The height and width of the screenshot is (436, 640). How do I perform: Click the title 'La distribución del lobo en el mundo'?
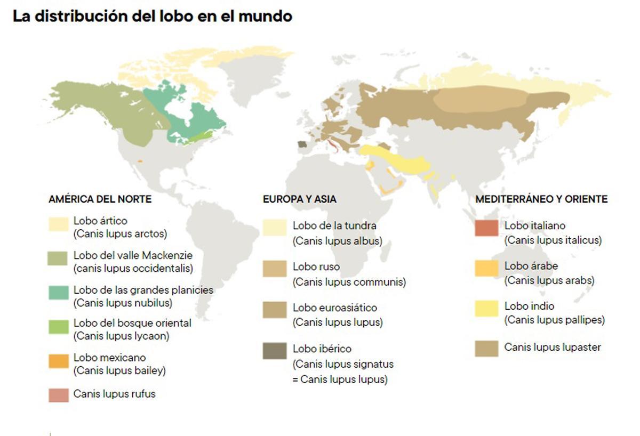click(153, 17)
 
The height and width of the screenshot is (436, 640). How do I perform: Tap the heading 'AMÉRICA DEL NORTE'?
click(100, 199)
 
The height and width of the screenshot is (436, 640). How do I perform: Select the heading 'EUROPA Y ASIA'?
click(299, 199)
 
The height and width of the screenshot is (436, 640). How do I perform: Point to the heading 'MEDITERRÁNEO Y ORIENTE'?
click(541, 199)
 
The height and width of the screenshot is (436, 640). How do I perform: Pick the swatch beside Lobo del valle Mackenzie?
click(58, 259)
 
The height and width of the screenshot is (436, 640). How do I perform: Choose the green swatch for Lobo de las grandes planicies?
click(58, 293)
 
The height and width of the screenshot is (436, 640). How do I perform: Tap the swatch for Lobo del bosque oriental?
click(58, 326)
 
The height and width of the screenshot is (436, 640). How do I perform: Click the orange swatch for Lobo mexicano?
click(58, 361)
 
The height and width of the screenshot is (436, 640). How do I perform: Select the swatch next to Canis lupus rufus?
click(58, 395)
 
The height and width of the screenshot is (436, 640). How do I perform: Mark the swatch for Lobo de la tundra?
click(275, 228)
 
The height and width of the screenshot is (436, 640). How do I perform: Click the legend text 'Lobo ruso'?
click(316, 267)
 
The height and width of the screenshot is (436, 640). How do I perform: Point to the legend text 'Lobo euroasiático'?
click(334, 308)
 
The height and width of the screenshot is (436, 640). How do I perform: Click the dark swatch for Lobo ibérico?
click(275, 351)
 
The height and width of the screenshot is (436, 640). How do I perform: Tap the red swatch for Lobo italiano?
click(486, 228)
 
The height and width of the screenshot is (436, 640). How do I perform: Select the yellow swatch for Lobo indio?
click(486, 309)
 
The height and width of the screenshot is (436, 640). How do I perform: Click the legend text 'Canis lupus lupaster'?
click(553, 348)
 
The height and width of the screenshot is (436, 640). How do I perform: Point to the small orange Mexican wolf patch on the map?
click(140, 160)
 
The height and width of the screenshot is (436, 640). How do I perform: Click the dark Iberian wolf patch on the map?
click(302, 144)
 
